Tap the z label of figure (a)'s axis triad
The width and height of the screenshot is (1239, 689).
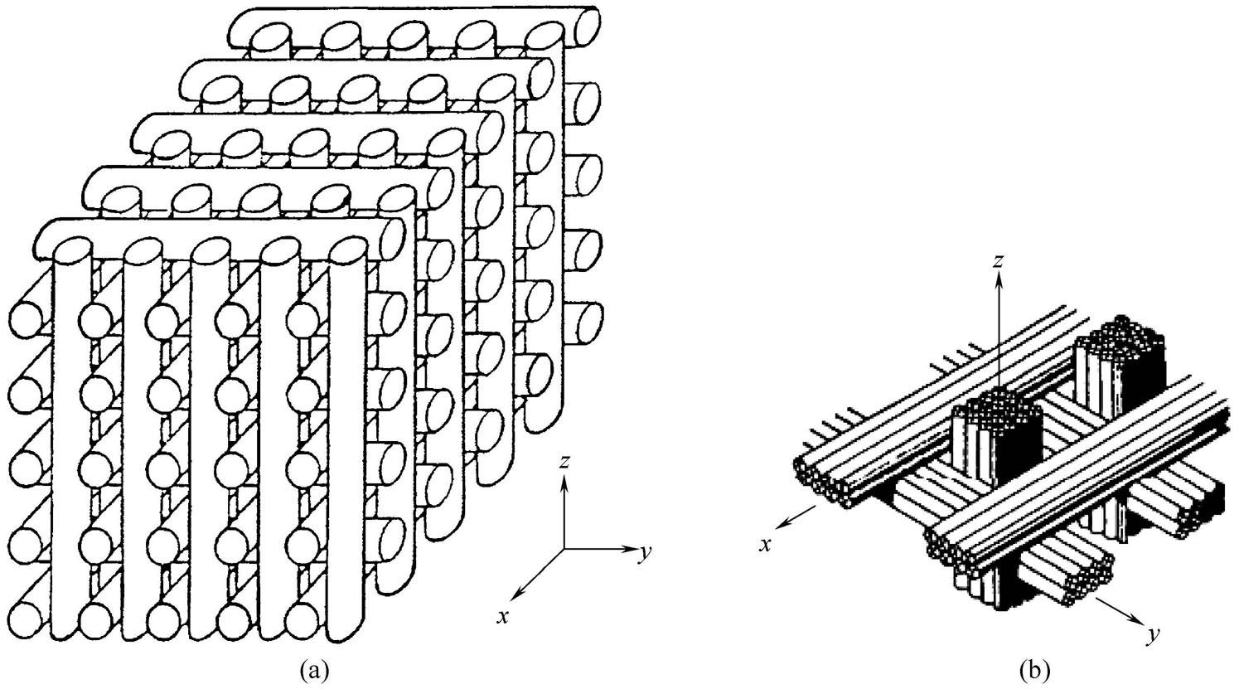point(564,463)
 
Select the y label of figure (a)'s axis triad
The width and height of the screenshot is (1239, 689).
point(642,554)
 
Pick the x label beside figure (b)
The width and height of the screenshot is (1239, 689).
point(767,544)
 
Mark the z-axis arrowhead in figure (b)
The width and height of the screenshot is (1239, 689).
point(1000,280)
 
